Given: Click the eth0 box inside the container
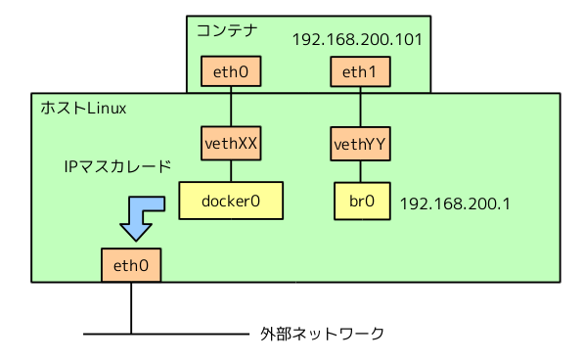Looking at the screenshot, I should coord(230,70).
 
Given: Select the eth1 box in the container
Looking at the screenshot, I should coord(359,71).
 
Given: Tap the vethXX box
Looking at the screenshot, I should coord(231,143).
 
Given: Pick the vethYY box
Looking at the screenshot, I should coord(360,145).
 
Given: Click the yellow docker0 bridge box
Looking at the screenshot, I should coord(230,201).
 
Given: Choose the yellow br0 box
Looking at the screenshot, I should coord(360,201).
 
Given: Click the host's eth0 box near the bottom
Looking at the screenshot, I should coord(130,264).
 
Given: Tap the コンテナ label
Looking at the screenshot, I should coord(228,30).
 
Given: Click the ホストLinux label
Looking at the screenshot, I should coord(83,108).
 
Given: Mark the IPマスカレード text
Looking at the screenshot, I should coord(117,167).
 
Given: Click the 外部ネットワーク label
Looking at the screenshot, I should coord(322,334).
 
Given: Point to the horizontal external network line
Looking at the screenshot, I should coord(166,335).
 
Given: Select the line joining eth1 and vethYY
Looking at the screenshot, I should coord(360,108).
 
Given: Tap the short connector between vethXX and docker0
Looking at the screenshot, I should coord(231,171).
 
